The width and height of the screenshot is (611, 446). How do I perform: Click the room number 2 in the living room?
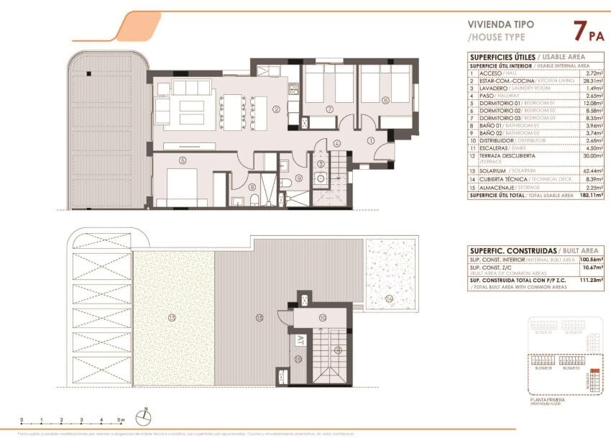276,110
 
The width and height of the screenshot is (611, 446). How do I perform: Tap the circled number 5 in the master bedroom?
183,160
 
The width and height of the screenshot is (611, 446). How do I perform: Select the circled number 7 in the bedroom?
329,109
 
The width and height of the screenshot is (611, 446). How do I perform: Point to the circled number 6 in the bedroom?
385,101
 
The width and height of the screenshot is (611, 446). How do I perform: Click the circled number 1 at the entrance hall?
371,140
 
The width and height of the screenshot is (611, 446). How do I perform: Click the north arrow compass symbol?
146,414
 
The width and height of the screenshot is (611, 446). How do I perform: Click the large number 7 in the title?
579,31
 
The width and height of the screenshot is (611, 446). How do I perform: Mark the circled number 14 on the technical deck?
388,297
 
